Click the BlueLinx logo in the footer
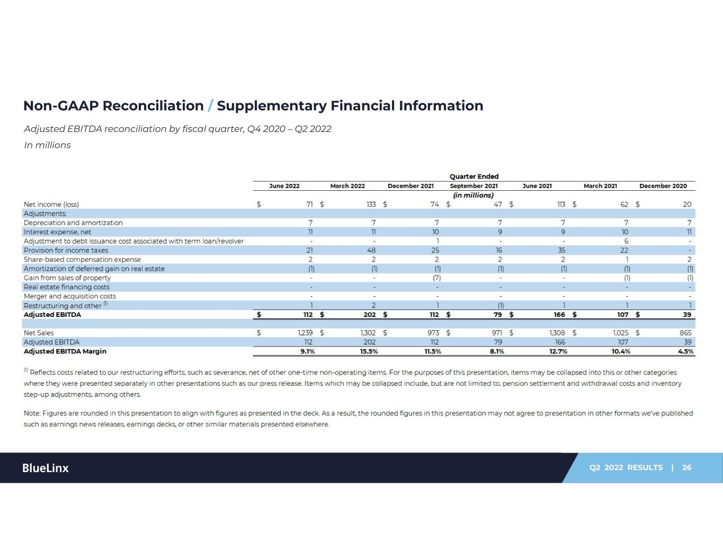click(x=45, y=468)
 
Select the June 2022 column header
click(x=284, y=186)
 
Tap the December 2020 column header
click(x=663, y=186)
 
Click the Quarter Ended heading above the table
click(x=474, y=176)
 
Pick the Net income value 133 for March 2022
click(x=371, y=205)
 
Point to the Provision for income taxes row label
click(x=66, y=250)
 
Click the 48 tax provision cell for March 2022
click(x=371, y=250)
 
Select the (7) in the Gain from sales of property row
click(x=437, y=278)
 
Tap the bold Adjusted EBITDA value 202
click(x=369, y=314)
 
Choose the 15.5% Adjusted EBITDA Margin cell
click(x=369, y=351)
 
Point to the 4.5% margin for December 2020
click(x=686, y=351)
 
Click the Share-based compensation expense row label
click(x=82, y=260)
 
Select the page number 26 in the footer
click(x=687, y=467)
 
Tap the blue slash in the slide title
click(x=210, y=106)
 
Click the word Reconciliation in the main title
click(x=153, y=106)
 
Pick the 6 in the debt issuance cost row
click(x=626, y=241)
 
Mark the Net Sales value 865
click(x=685, y=333)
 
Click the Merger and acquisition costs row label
click(x=70, y=296)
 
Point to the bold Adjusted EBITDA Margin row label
click(x=65, y=351)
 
